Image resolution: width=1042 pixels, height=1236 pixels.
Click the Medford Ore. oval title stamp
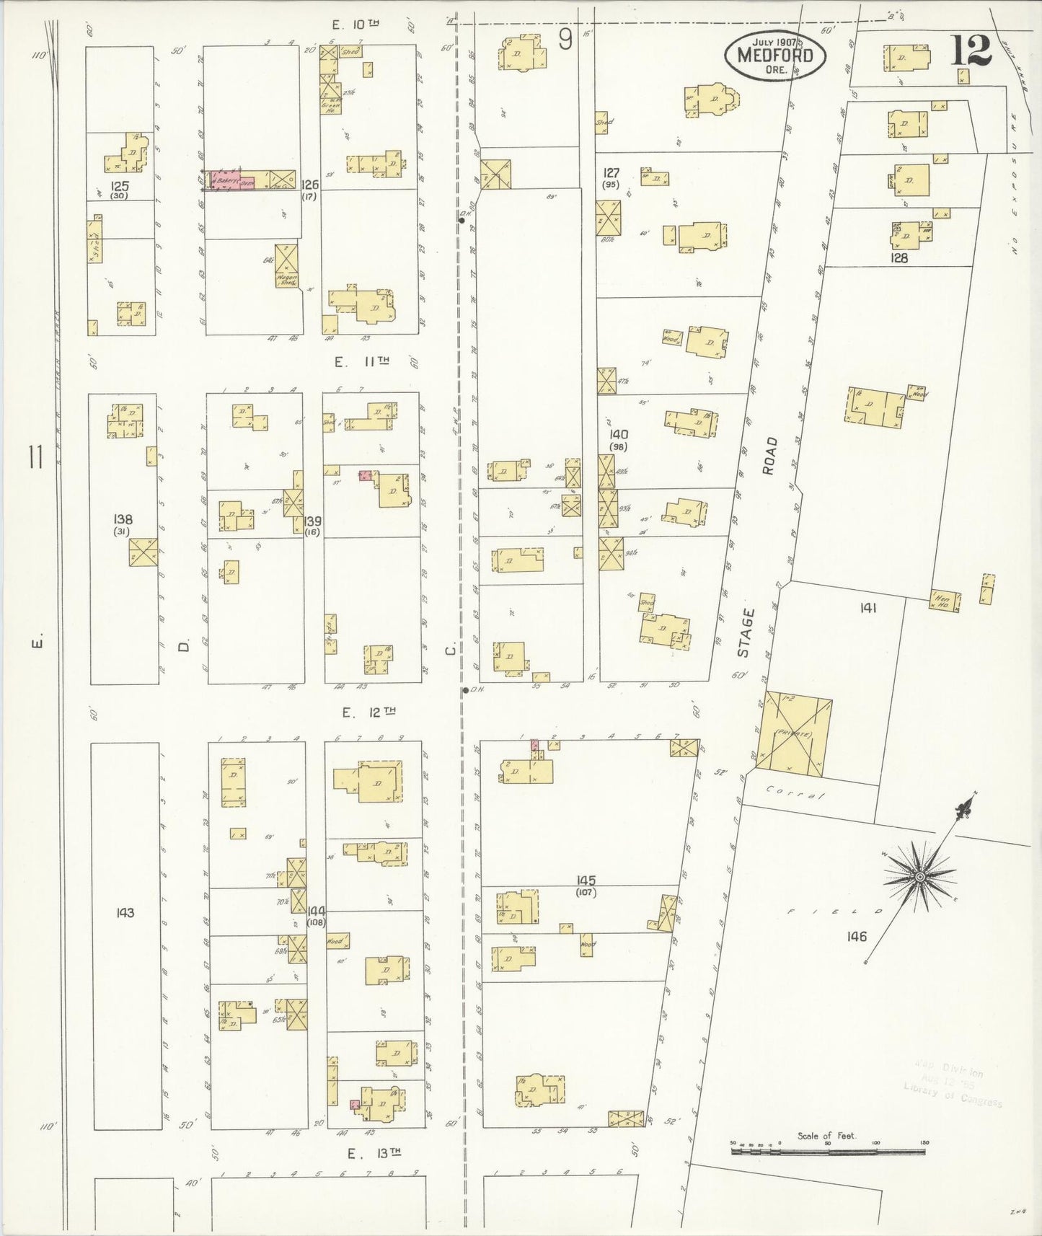(775, 55)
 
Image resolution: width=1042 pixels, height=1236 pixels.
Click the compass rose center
(919, 876)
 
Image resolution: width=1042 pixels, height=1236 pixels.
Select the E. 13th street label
(374, 1154)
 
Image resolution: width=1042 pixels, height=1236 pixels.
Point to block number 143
(125, 913)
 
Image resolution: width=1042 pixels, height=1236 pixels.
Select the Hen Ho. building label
(943, 601)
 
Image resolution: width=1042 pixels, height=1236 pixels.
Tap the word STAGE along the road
(745, 633)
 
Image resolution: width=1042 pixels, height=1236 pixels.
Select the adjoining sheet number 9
(565, 40)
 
